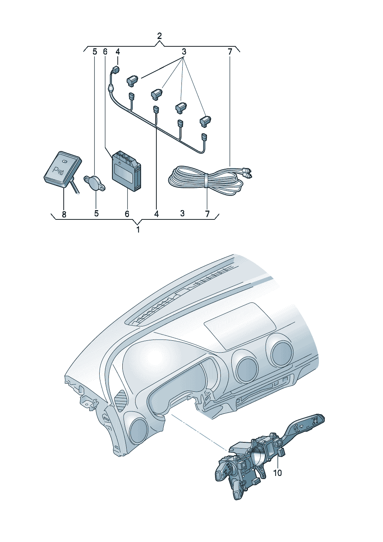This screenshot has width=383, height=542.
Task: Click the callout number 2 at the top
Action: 159,36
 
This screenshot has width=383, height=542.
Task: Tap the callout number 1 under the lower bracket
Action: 138,229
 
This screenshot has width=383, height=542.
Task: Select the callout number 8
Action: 64,214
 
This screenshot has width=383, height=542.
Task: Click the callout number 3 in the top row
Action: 184,52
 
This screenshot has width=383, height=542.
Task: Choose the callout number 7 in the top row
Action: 230,52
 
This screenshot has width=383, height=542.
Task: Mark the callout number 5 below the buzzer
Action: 96,213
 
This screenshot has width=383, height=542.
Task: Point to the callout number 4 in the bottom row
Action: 156,214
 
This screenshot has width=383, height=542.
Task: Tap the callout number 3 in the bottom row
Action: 183,213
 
